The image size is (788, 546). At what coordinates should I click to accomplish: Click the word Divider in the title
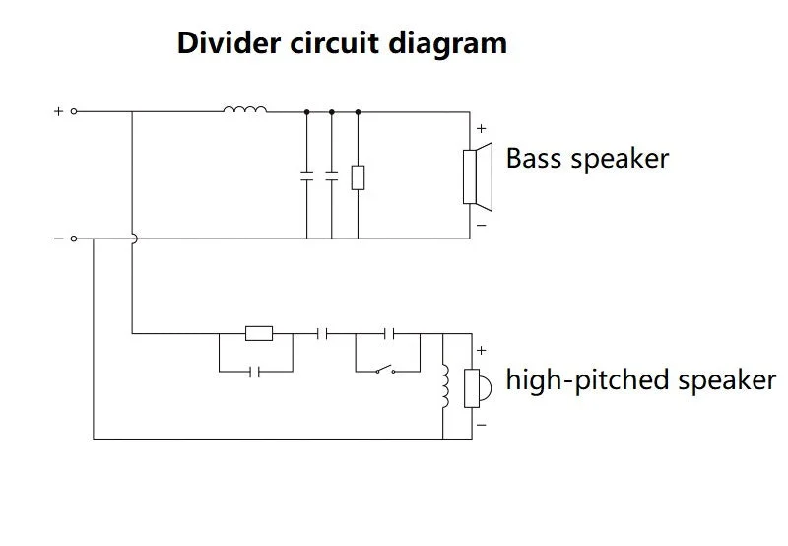[229, 42]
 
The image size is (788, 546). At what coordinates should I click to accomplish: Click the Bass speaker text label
[587, 160]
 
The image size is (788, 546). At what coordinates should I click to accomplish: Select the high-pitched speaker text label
[641, 380]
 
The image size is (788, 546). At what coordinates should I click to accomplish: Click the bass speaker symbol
[478, 176]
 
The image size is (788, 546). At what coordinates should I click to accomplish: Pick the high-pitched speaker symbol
[477, 387]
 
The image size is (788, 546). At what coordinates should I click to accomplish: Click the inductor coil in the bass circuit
[244, 109]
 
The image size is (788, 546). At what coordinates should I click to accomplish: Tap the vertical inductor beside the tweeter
[445, 386]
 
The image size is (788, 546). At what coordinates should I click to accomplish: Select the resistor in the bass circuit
[358, 177]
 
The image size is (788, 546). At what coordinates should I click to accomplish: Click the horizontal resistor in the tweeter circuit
[259, 333]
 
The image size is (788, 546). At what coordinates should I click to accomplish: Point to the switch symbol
[385, 370]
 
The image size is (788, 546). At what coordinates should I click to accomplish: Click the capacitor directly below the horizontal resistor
[254, 372]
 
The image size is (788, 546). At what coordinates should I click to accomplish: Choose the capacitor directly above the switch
[389, 333]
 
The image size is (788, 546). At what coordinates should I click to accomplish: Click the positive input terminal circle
[74, 111]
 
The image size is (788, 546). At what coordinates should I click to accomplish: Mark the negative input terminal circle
[74, 239]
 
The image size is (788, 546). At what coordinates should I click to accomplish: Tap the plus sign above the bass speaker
[482, 129]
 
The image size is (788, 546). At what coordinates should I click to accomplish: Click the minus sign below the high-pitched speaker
[482, 426]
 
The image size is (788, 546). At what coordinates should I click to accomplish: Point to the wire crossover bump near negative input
[135, 239]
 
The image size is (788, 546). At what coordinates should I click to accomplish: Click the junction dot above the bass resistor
[358, 112]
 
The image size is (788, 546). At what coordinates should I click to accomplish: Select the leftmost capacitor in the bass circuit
[306, 176]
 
